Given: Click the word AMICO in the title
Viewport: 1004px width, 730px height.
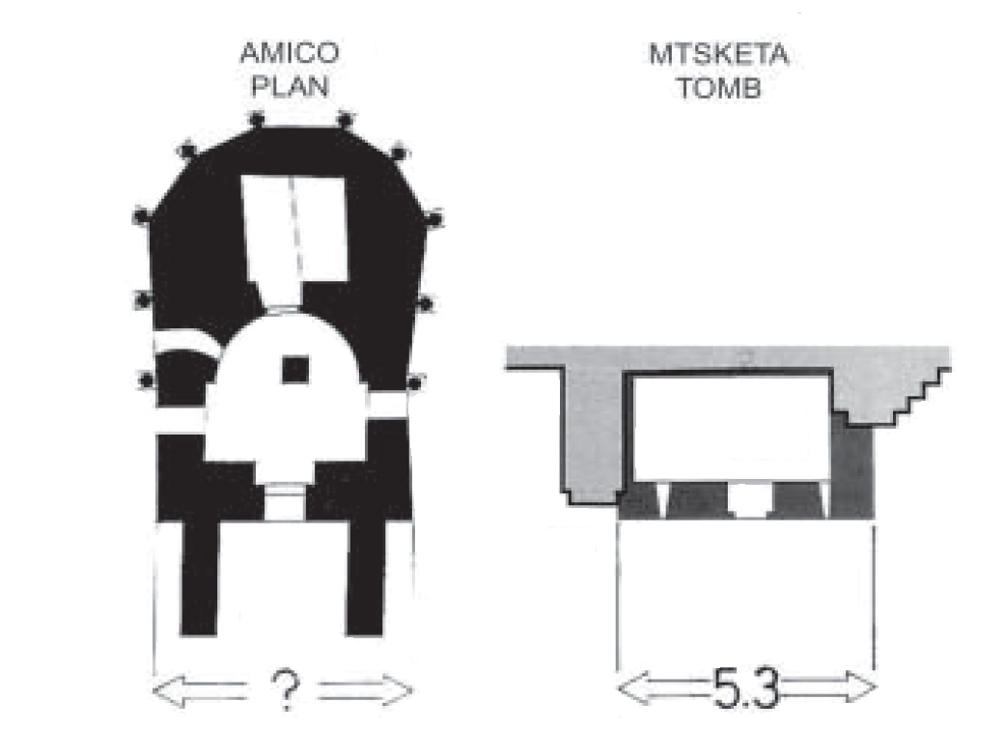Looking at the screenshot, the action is coord(290,52).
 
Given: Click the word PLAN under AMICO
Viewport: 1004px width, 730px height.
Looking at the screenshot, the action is coord(290,87).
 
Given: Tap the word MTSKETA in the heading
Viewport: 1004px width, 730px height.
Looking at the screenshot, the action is coord(718,54).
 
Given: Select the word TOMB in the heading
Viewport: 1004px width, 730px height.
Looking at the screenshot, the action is coord(719,88).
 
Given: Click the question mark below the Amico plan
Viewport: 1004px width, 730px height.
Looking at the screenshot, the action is coord(286,689).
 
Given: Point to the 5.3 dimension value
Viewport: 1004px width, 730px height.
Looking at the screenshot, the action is coord(745,688).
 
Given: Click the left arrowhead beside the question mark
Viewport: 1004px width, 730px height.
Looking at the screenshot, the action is coord(168,691).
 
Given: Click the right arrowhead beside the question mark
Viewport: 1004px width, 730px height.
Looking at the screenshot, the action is coord(399,690).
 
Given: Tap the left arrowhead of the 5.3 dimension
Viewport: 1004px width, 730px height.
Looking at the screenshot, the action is coord(632,688).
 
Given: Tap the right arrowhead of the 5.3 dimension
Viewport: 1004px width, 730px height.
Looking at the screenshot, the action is coord(860,688).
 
